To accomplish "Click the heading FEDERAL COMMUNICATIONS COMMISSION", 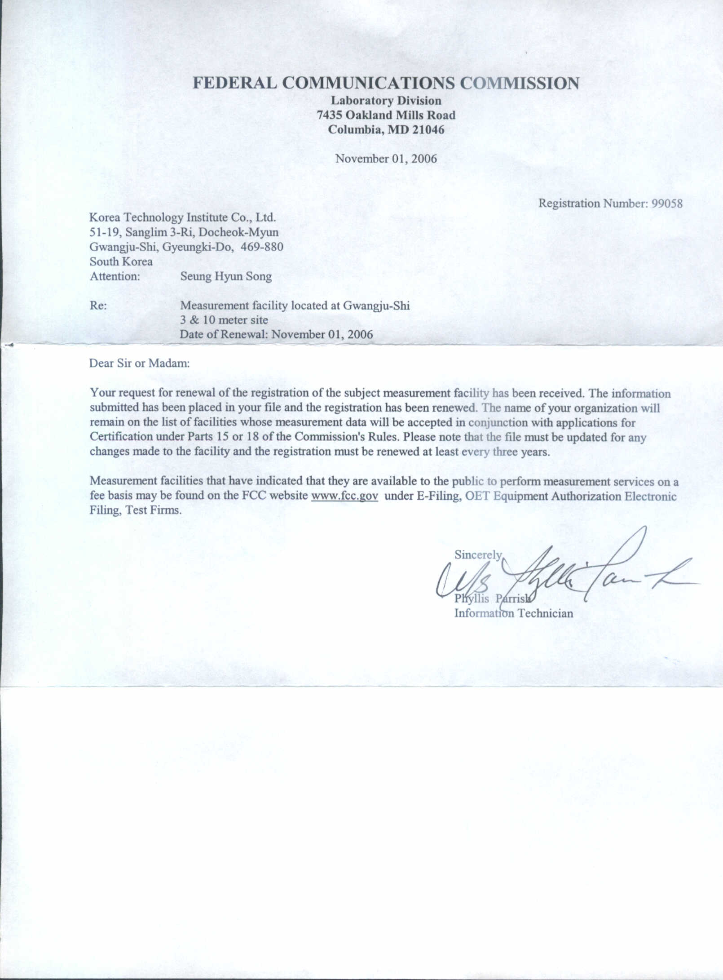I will pos(386,84).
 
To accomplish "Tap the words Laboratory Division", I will pos(386,101).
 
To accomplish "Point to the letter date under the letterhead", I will pos(386,159).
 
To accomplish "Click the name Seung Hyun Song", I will pos(226,276).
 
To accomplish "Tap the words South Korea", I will pos(121,262).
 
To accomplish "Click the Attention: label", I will pos(115,276).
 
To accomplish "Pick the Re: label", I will pos(98,306).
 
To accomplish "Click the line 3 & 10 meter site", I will pos(224,320).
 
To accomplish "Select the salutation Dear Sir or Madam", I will pos(139,363).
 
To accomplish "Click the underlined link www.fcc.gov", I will pos(344,496).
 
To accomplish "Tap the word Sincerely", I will pos(478,555).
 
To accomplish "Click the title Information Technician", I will pos(513,613).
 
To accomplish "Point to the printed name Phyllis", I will pos(472,599).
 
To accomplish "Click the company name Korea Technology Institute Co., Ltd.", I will pos(182,217).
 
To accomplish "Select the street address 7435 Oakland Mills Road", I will pos(386,115).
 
